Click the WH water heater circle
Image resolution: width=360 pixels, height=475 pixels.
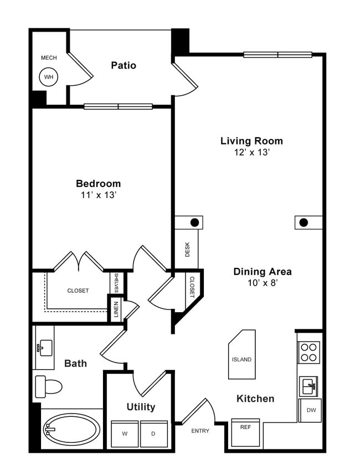(49, 77)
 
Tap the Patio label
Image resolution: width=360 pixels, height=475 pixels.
(124, 65)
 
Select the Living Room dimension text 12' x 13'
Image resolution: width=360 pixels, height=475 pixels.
(252, 153)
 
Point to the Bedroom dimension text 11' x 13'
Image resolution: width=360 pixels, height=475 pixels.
(98, 195)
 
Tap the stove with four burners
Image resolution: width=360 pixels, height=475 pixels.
(309, 352)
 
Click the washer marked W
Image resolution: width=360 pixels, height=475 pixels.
(124, 433)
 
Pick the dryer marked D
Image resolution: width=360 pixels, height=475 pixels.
(153, 433)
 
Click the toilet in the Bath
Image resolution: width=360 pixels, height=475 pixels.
(48, 385)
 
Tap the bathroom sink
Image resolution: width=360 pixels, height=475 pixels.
(44, 348)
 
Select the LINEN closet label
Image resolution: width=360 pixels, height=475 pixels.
(116, 309)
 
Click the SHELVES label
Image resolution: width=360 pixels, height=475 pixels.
(116, 283)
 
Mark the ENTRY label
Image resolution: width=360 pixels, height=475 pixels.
(200, 431)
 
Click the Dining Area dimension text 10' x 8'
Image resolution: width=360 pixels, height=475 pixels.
(262, 283)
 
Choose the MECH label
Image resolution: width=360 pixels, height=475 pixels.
(49, 58)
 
